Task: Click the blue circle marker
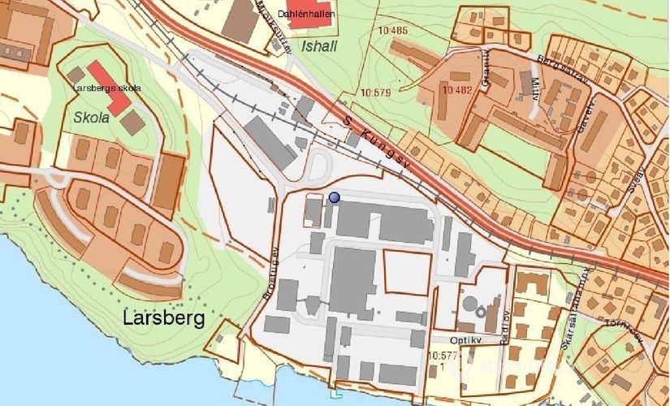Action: coord(335,197)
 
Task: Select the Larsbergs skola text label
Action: coord(106,88)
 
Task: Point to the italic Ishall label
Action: coord(318,46)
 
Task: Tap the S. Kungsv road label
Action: coord(378,144)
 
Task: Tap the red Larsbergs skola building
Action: coord(109,87)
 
